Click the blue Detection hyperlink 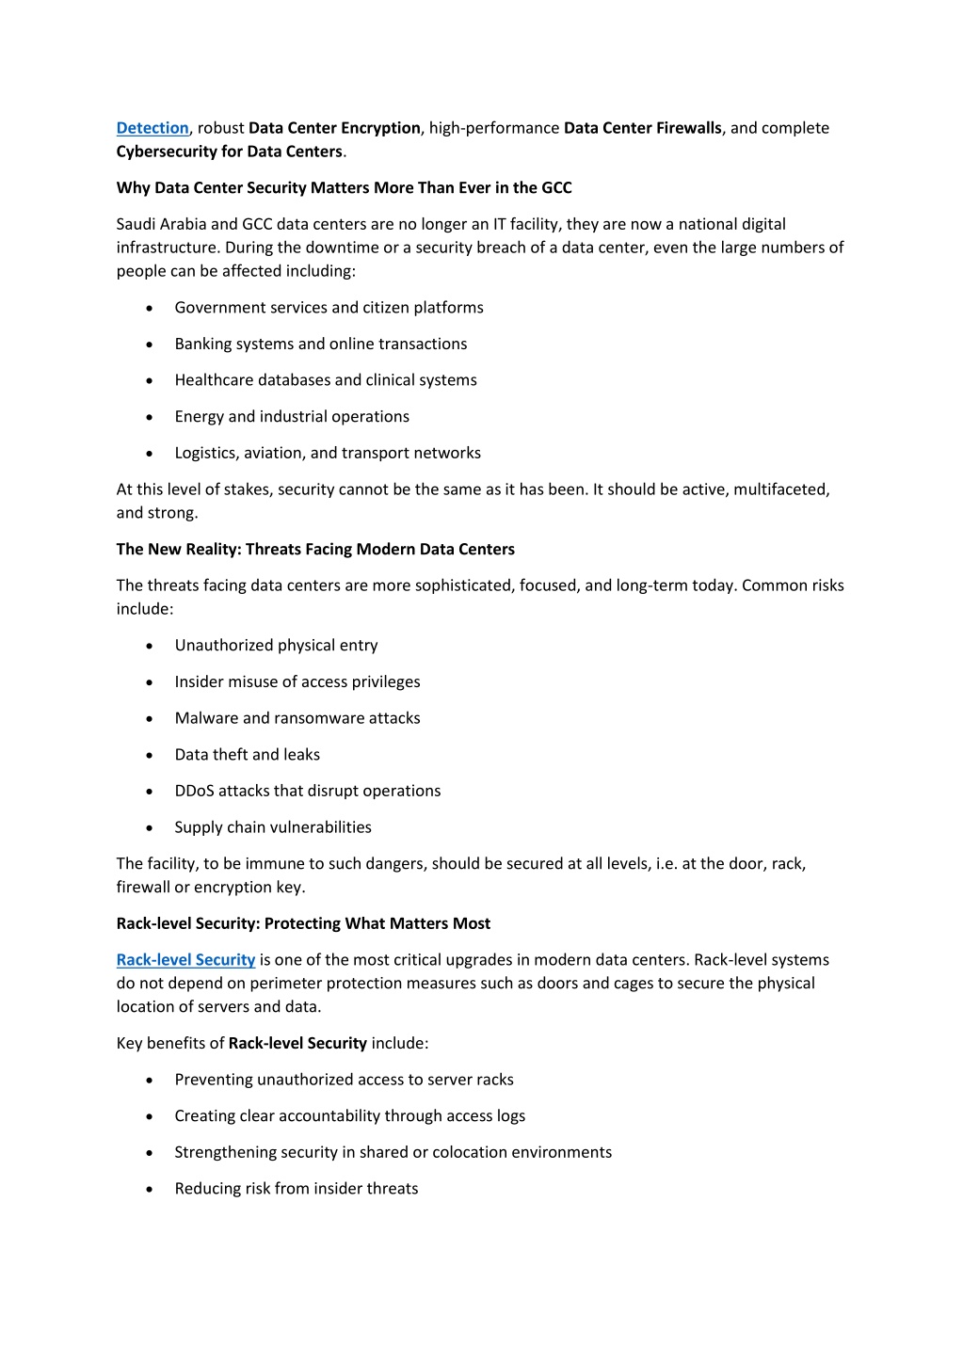point(152,128)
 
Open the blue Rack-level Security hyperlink point(185,960)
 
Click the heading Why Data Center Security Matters point(344,187)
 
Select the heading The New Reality point(315,549)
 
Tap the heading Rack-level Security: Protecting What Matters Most point(303,923)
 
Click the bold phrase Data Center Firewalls point(642,128)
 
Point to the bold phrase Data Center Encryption point(334,128)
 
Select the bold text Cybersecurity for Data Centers point(229,152)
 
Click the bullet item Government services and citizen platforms point(329,308)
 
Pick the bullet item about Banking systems point(320,345)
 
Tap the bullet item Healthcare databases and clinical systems point(325,380)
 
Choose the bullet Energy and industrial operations point(292,417)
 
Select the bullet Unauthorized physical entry point(276,646)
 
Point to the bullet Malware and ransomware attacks point(297,718)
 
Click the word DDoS point(194,791)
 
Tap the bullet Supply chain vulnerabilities point(273,827)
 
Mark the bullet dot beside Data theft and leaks point(150,756)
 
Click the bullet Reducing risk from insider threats point(296,1189)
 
